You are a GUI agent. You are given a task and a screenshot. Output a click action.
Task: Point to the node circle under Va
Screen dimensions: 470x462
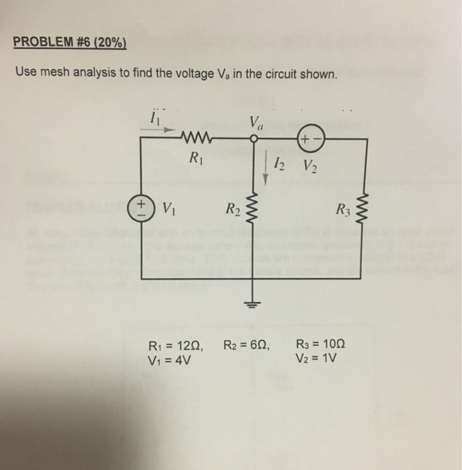[253, 139]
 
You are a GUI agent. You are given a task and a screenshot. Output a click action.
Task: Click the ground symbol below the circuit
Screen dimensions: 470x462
[253, 300]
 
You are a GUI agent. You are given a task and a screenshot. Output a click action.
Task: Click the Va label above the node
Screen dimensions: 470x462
[255, 124]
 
